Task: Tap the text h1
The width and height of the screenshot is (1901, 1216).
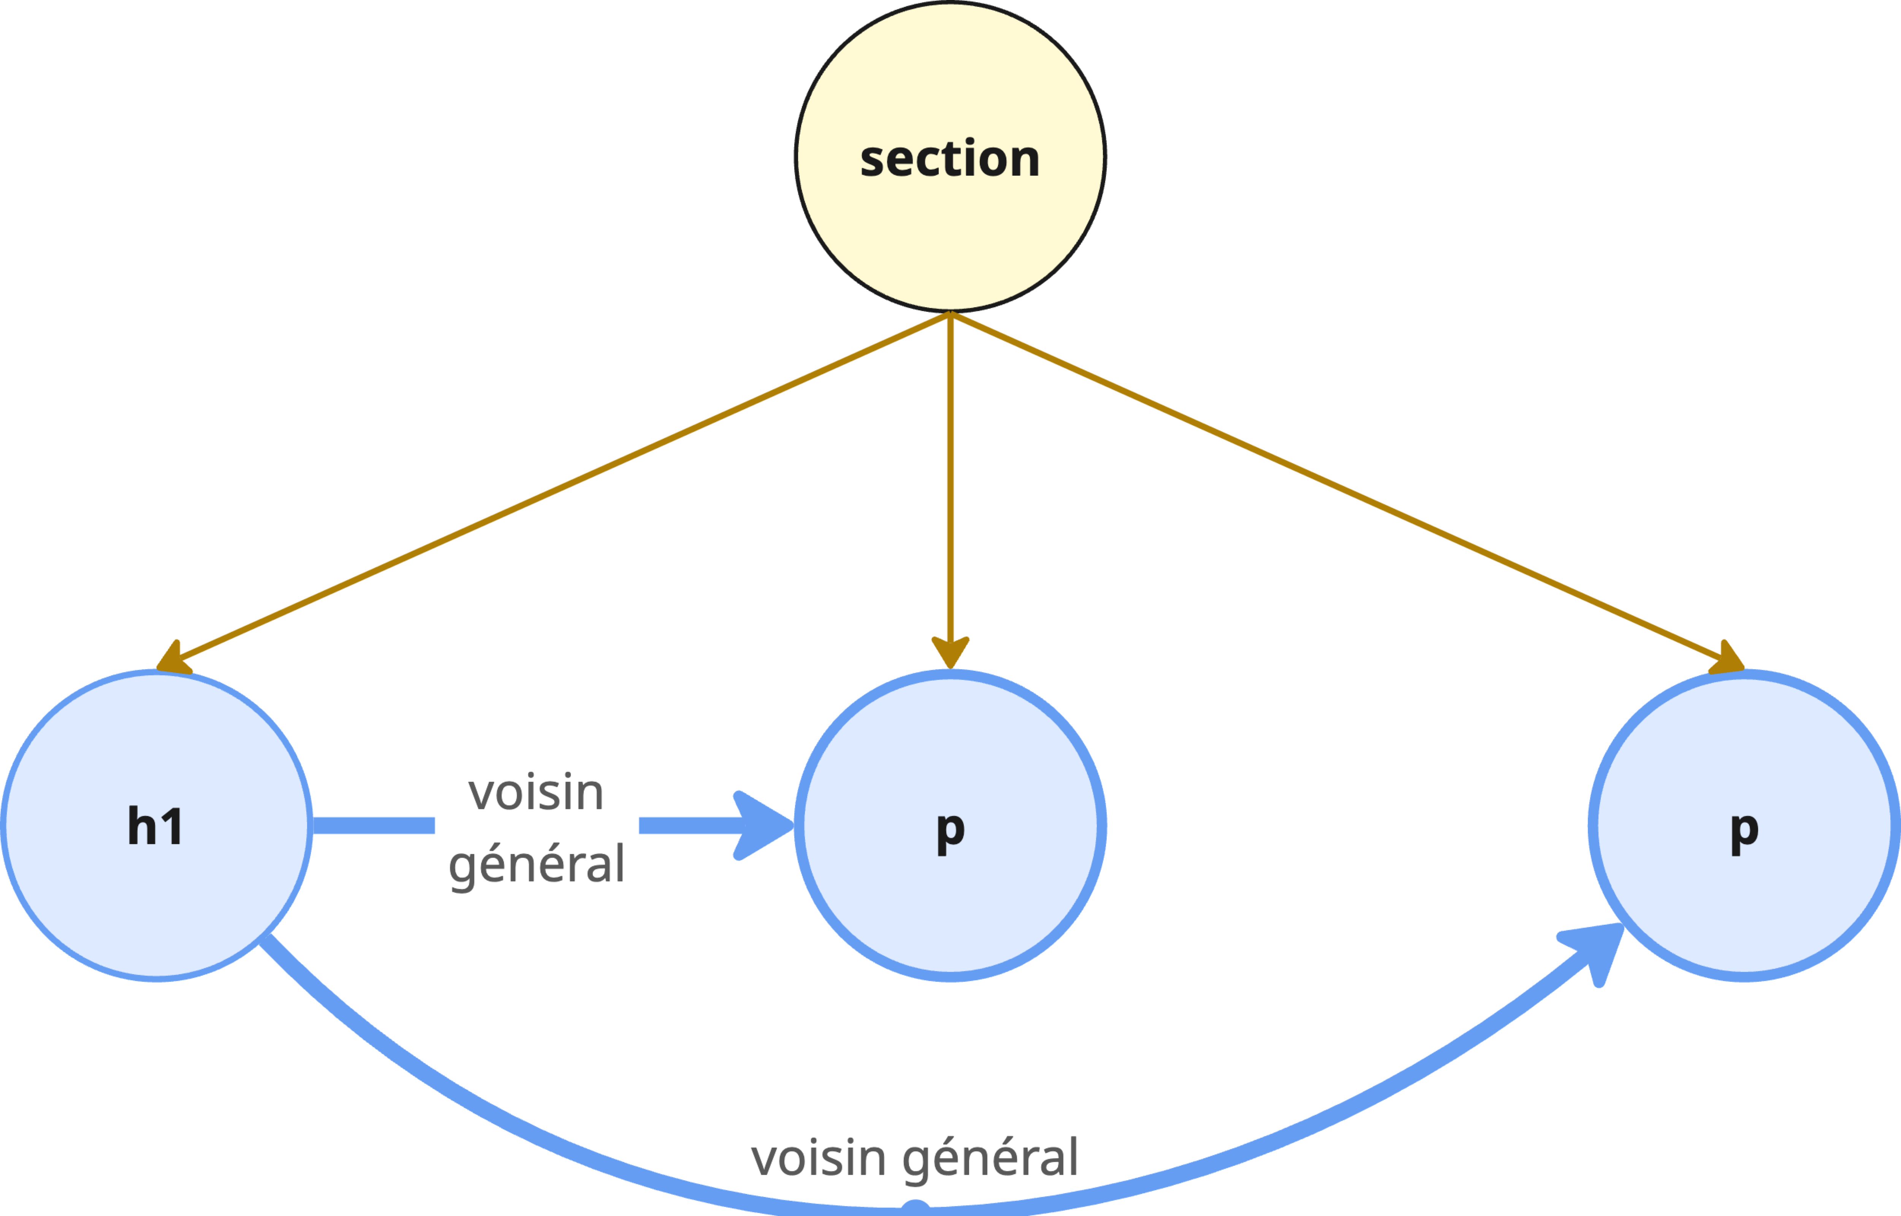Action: tap(155, 827)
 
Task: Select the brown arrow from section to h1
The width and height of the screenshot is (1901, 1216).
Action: tap(553, 490)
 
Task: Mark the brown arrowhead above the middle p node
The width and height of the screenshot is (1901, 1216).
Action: tap(950, 652)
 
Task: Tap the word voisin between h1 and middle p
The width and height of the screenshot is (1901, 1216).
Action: tap(536, 793)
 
